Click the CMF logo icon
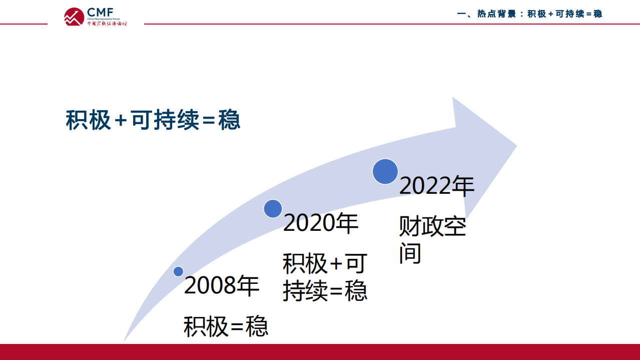pyautogui.click(x=74, y=17)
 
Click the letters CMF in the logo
pyautogui.click(x=100, y=12)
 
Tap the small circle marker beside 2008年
pyautogui.click(x=178, y=271)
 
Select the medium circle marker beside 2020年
pyautogui.click(x=273, y=208)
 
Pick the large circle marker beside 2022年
pyautogui.click(x=385, y=171)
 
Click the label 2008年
pyautogui.click(x=222, y=286)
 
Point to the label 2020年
pyautogui.click(x=321, y=223)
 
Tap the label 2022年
pyautogui.click(x=436, y=186)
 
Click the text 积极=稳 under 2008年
pyautogui.click(x=226, y=327)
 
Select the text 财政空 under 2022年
pyautogui.click(x=432, y=227)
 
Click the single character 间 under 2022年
pyautogui.click(x=410, y=253)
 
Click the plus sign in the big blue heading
pyautogui.click(x=121, y=121)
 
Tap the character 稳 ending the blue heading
pyautogui.click(x=230, y=121)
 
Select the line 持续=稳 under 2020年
pyautogui.click(x=325, y=291)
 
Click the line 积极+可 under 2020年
pyautogui.click(x=325, y=263)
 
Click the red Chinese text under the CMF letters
pyautogui.click(x=107, y=23)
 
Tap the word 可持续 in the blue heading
pyautogui.click(x=165, y=121)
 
